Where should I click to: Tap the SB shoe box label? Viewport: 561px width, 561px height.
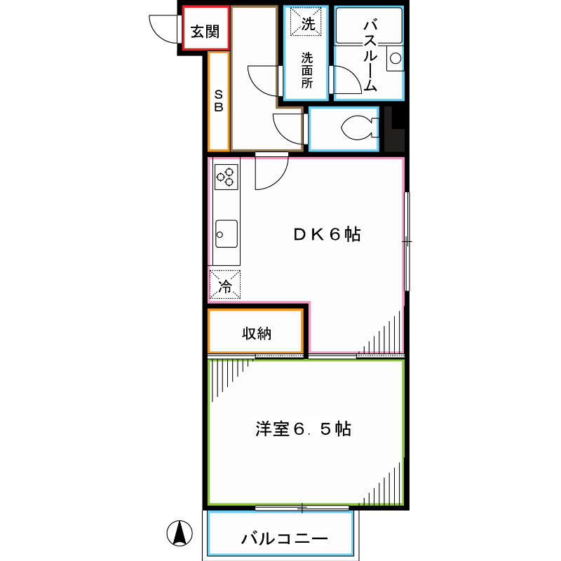[219, 101]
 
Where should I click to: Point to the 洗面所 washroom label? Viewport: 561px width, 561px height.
[307, 70]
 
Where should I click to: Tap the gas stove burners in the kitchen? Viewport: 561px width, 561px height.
[226, 176]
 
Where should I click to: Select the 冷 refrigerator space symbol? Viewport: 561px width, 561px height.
[225, 285]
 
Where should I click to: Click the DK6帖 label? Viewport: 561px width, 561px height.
[326, 236]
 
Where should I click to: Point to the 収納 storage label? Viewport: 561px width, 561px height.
[257, 334]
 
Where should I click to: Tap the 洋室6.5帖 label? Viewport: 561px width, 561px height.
[303, 429]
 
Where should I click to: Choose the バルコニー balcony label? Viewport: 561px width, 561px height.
[284, 539]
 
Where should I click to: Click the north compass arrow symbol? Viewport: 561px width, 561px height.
[180, 534]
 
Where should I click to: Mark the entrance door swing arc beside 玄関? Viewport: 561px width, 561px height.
[164, 29]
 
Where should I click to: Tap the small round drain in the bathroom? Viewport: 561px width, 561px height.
[395, 59]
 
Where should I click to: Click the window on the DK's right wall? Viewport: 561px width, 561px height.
[407, 241]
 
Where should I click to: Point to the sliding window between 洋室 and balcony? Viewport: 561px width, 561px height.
[302, 507]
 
